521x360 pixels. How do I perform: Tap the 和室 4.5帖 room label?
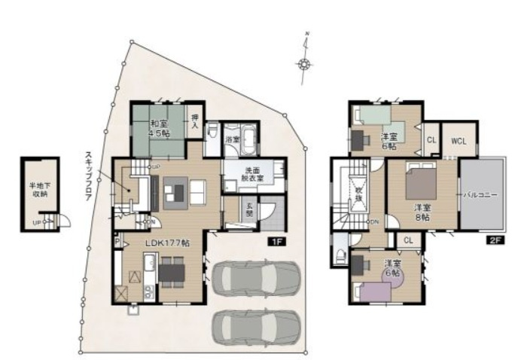coord(158,129)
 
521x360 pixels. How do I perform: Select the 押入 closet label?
coord(195,121)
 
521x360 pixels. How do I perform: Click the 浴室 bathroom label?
coord(234,139)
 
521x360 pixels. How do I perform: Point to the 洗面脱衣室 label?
coord(252,174)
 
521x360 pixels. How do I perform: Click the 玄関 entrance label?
coord(249,212)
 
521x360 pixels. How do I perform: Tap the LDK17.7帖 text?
coord(167,244)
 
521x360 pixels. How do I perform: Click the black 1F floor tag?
coord(276,242)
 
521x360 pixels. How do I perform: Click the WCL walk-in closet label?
coord(459,141)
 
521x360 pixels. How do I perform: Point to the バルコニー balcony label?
coord(480,195)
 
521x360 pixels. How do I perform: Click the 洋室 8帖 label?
coord(422,212)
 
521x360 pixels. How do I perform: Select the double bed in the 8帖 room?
coord(422,180)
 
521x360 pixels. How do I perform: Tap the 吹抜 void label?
coord(361,194)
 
